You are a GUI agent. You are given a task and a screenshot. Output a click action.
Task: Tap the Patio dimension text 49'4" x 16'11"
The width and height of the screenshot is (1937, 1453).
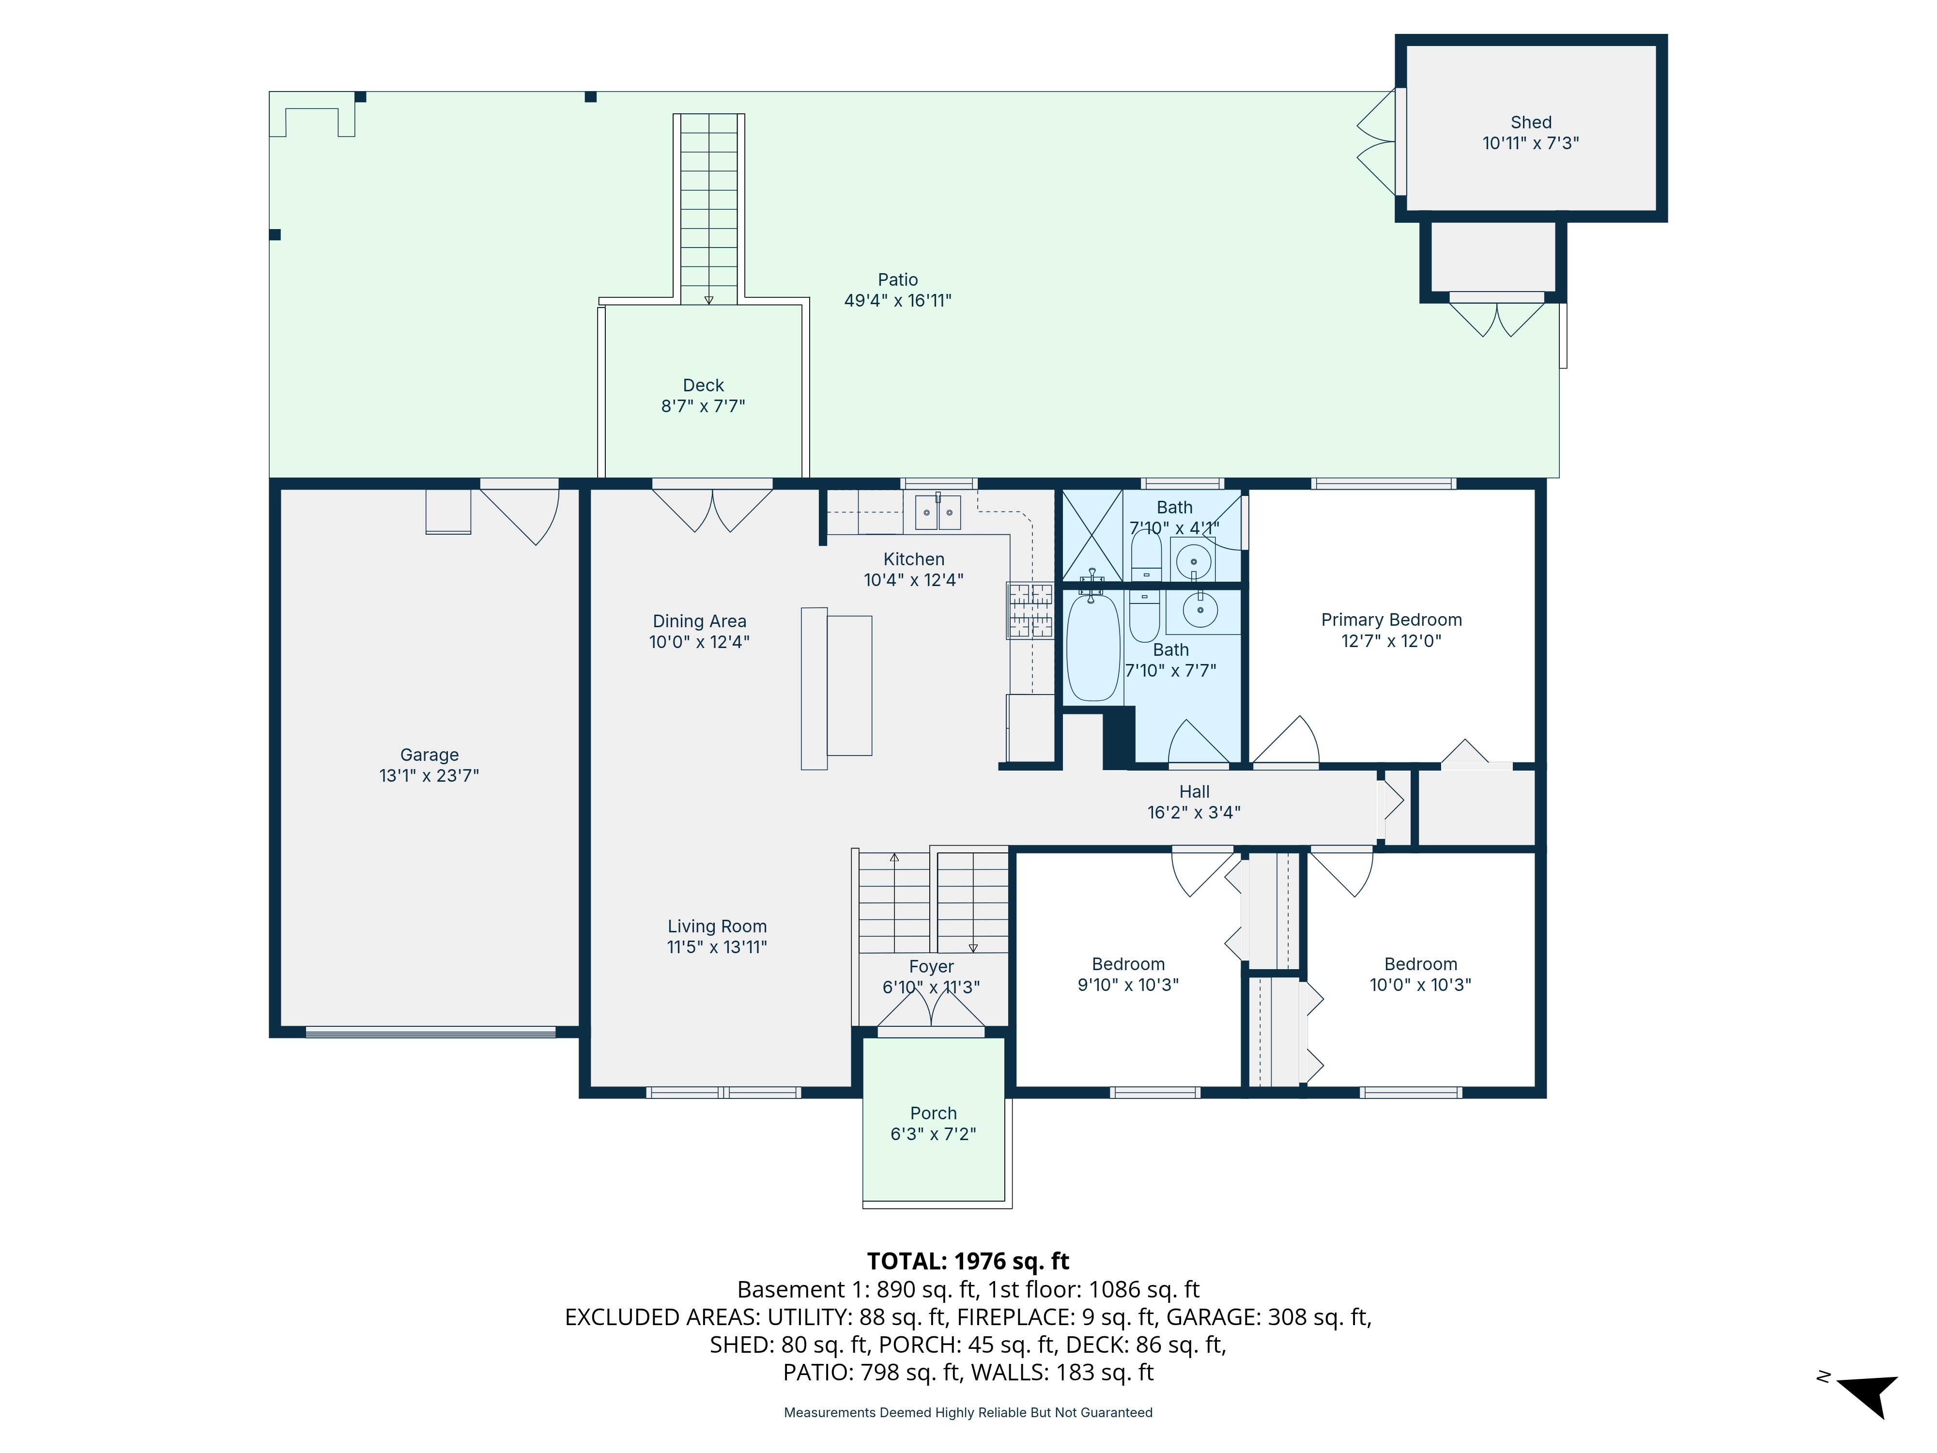coord(898,300)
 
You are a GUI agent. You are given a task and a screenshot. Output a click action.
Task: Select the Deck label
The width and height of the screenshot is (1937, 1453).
coord(703,386)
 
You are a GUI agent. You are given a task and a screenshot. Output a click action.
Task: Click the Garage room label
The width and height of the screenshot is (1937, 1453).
coord(429,755)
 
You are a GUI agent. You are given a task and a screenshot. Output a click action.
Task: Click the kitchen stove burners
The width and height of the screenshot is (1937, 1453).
coord(1030,610)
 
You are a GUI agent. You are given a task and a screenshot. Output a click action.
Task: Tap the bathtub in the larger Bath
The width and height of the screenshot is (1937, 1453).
coord(1093,647)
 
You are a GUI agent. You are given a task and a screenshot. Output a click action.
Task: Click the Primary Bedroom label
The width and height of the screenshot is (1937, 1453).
coord(1391,620)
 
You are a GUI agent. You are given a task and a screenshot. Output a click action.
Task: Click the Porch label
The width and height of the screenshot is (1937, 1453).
coord(934,1113)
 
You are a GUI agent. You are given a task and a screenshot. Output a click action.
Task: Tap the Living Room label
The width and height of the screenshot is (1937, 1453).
coord(717,927)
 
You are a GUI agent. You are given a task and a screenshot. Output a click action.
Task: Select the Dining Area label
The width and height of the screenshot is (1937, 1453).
coord(700,621)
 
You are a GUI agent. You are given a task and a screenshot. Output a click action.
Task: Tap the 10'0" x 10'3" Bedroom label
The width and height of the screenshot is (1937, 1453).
coord(1420,974)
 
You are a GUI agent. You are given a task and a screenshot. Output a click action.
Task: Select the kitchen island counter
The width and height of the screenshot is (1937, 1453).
coord(836,688)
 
